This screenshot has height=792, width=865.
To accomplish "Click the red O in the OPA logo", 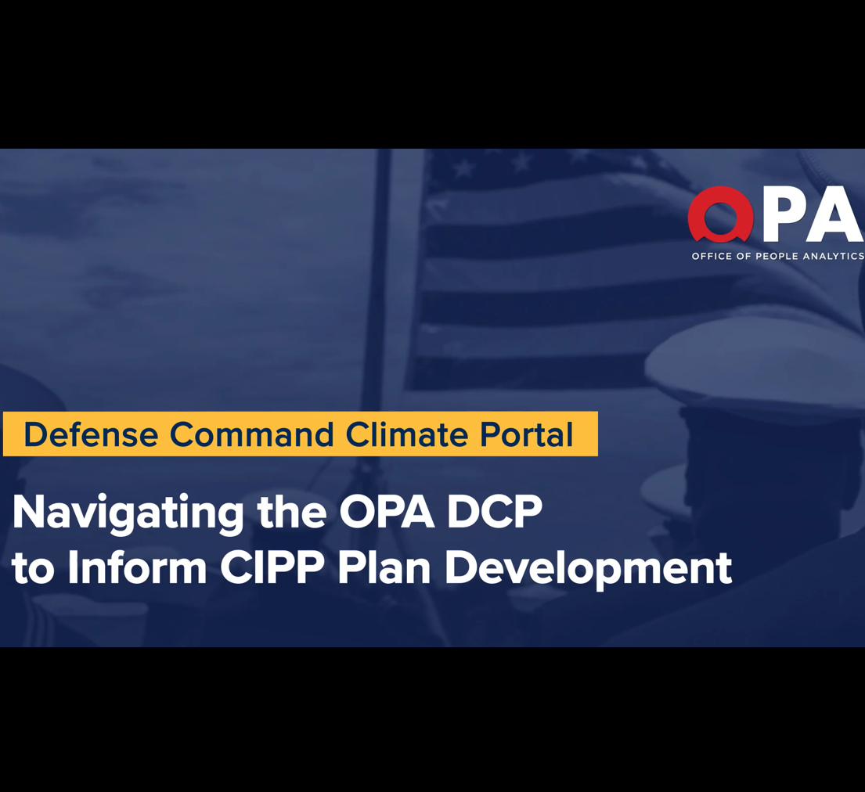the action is [x=720, y=215].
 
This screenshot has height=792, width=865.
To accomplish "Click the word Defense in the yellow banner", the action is [x=91, y=434].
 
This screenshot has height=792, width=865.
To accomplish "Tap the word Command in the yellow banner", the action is [x=251, y=434].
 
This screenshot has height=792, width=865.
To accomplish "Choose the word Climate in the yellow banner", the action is [x=407, y=434].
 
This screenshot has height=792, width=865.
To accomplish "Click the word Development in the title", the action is [x=588, y=571].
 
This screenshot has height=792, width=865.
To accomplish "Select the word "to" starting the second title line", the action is [x=33, y=569].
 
